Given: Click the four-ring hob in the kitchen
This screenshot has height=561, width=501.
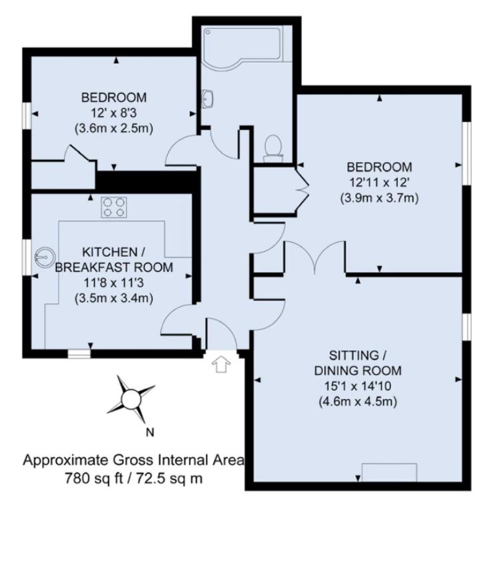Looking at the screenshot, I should tap(114, 207).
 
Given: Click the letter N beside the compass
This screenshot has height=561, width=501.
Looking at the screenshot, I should tap(150, 432).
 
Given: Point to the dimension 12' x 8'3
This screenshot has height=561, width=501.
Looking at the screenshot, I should tap(114, 113).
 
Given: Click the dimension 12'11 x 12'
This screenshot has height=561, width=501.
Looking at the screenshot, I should tap(379, 182).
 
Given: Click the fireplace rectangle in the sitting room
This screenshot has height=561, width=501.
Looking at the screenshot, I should tap(389, 472).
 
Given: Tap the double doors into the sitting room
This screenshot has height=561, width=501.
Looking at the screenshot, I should tap(314, 257).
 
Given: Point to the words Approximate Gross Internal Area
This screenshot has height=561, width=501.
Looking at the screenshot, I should tap(134, 460).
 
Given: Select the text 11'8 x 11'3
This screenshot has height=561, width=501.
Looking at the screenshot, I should tap(114, 283).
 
